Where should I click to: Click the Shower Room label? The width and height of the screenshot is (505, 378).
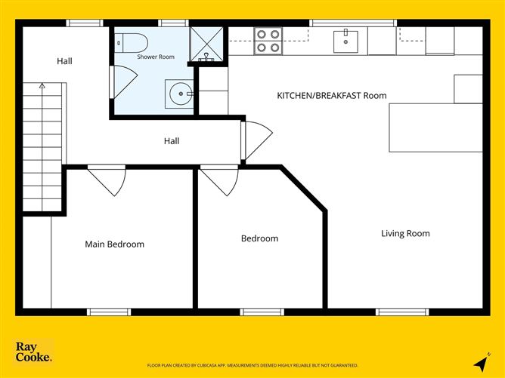coord(156,57)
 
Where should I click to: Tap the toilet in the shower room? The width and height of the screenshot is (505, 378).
coord(131,43)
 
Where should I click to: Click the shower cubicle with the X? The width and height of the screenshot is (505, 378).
coord(206,44)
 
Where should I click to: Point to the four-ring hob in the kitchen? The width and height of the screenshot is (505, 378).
coord(268,41)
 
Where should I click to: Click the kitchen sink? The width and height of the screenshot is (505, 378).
coord(345,41)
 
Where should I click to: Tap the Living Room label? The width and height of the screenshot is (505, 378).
coord(405,233)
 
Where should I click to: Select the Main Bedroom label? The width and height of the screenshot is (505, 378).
coord(115,244)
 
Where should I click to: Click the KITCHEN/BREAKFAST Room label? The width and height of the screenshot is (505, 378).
coord(332,96)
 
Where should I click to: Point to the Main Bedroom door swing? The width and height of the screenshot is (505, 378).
coord(107,180)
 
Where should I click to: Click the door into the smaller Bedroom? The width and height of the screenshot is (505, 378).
coord(219,180)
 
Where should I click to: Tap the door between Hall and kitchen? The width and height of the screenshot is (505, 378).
coord(257,140)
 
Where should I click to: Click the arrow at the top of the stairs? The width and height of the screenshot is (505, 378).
coord(42,85)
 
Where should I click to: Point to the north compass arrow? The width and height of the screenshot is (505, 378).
coord(481,362)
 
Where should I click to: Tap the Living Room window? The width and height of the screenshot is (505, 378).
coord(402,312)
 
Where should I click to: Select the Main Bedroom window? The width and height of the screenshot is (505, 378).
coord(109,312)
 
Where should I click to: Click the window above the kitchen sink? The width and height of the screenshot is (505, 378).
coord(353,23)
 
